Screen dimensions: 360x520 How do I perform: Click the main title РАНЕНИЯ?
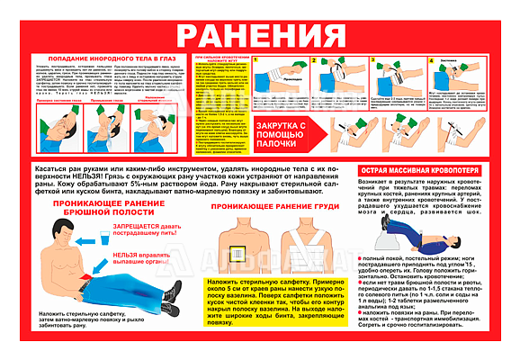click(x=259, y=35)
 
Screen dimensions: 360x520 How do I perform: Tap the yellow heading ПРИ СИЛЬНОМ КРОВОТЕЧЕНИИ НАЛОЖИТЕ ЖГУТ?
click(x=208, y=59)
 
